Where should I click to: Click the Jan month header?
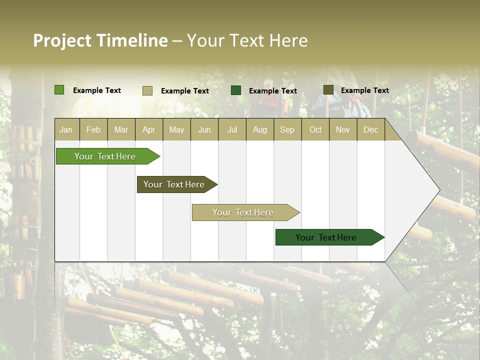point(66,129)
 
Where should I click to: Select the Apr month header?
point(149,129)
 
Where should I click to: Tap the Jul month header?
point(232,129)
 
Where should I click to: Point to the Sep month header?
point(287,129)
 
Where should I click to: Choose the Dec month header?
point(370,129)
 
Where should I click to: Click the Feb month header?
point(93,129)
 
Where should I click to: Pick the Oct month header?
point(315,129)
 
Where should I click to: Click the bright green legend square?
point(59,90)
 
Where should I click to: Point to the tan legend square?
point(147,90)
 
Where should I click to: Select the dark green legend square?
point(236,90)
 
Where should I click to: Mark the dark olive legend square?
point(328,90)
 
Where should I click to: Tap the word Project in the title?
point(62,40)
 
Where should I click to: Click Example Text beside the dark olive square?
point(364,90)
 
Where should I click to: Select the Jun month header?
point(204,129)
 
